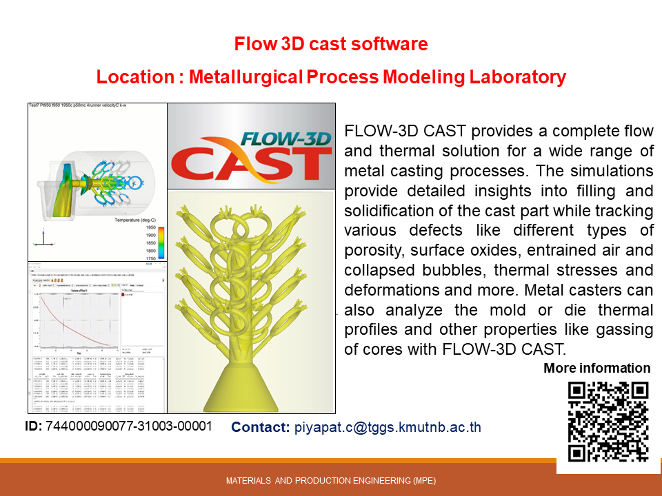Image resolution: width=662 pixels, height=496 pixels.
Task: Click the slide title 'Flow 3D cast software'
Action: click(x=331, y=45)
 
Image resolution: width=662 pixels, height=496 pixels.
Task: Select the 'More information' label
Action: click(x=596, y=368)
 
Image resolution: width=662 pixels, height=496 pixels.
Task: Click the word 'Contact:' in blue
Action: click(x=260, y=427)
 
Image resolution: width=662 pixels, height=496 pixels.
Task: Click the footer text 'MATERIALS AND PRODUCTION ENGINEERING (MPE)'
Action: click(x=331, y=481)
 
